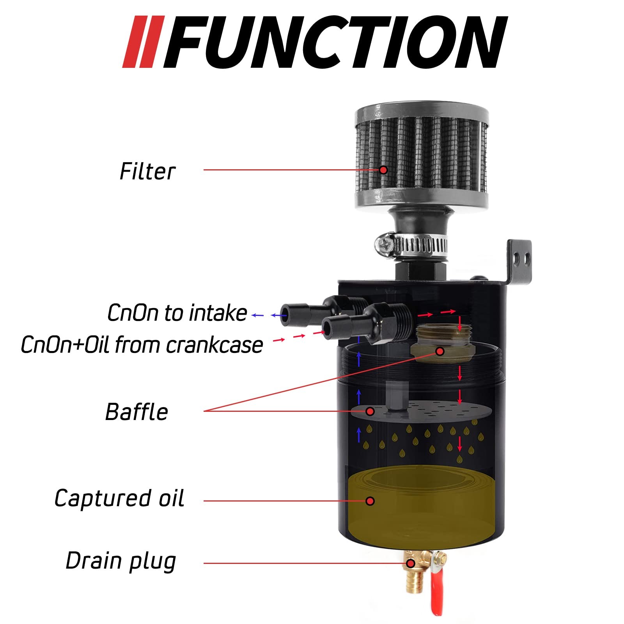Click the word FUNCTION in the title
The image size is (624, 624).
pyautogui.click(x=336, y=42)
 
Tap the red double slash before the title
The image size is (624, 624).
pyautogui.click(x=144, y=42)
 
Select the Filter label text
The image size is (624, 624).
pyautogui.click(x=147, y=171)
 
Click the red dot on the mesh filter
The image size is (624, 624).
pyautogui.click(x=383, y=170)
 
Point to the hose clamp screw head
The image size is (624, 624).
pyautogui.click(x=385, y=245)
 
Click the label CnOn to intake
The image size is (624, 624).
pyautogui.click(x=177, y=313)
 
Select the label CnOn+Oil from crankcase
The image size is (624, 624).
pyautogui.click(x=142, y=345)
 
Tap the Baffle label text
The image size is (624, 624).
pyautogui.click(x=136, y=412)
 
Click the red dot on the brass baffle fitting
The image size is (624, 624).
pyautogui.click(x=440, y=351)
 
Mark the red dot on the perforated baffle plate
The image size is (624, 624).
pyautogui.click(x=370, y=411)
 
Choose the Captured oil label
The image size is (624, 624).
pyautogui.click(x=119, y=498)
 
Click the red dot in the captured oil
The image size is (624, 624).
pyautogui.click(x=370, y=501)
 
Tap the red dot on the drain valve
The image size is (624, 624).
pyautogui.click(x=410, y=564)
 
